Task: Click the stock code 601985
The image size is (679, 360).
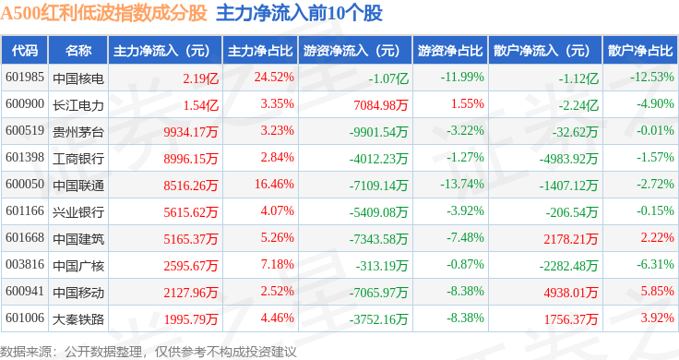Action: pyautogui.click(x=25, y=78)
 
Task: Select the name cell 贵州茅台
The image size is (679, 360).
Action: pyautogui.click(x=78, y=132)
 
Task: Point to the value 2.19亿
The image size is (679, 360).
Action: pyautogui.click(x=200, y=78)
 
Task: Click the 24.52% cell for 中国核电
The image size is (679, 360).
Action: pyautogui.click(x=274, y=78)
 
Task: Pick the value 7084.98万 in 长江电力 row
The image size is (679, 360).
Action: pyautogui.click(x=381, y=105)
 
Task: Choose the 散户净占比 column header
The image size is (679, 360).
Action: pyautogui.click(x=640, y=51)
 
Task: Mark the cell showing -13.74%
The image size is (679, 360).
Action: pyautogui.click(x=462, y=184)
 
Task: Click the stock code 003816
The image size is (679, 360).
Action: pyautogui.click(x=25, y=264)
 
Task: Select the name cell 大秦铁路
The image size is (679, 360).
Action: pyautogui.click(x=78, y=319)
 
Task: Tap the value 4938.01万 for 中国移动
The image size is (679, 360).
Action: pyautogui.click(x=571, y=293)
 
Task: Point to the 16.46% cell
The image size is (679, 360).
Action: pyautogui.click(x=274, y=184)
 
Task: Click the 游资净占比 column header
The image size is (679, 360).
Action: pyautogui.click(x=450, y=51)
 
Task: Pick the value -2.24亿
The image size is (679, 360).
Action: pyautogui.click(x=578, y=105)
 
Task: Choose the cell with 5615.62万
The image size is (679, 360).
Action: pyautogui.click(x=191, y=211)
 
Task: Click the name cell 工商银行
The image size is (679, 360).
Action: pyautogui.click(x=78, y=159)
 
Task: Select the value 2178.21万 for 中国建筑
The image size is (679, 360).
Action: pyautogui.click(x=571, y=239)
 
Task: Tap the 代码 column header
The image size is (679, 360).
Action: pyautogui.click(x=25, y=51)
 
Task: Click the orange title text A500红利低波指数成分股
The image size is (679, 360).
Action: pyautogui.click(x=104, y=14)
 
